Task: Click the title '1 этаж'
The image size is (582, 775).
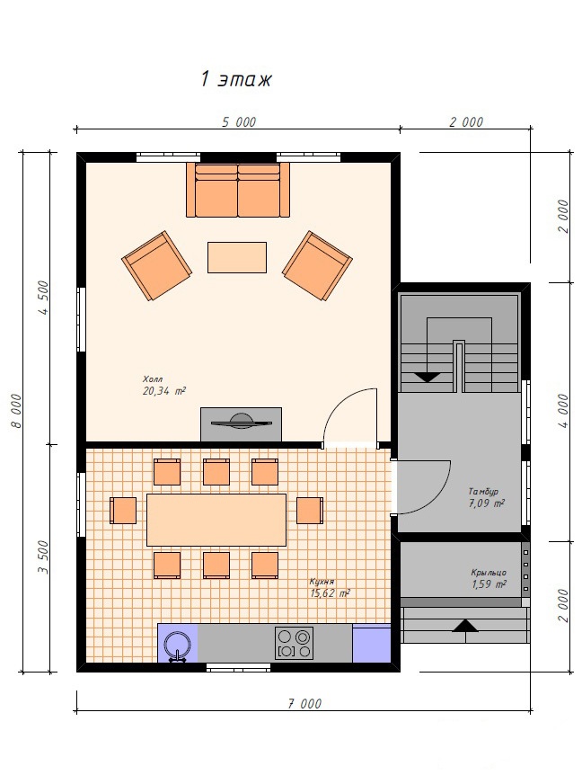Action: (235, 79)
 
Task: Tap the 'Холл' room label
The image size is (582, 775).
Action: (153, 379)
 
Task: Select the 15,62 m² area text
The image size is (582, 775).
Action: (331, 593)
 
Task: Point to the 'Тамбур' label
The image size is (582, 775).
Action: (483, 492)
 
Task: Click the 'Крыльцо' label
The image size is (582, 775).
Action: (489, 573)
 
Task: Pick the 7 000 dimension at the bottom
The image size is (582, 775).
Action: (304, 703)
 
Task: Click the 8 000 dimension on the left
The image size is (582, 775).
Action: (16, 410)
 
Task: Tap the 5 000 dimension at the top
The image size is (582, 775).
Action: (239, 121)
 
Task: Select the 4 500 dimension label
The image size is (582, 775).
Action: (43, 298)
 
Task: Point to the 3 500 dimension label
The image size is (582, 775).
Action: (43, 557)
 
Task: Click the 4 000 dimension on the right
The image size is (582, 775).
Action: (563, 411)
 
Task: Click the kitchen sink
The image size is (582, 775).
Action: (177, 646)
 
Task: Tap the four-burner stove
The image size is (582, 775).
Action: (294, 643)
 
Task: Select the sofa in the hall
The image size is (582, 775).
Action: (238, 191)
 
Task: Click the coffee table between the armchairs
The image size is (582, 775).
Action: (237, 257)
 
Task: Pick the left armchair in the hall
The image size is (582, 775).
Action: (156, 265)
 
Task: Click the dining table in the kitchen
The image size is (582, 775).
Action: (216, 520)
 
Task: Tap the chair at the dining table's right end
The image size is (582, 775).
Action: (310, 511)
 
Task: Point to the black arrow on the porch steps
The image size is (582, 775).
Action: (465, 626)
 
